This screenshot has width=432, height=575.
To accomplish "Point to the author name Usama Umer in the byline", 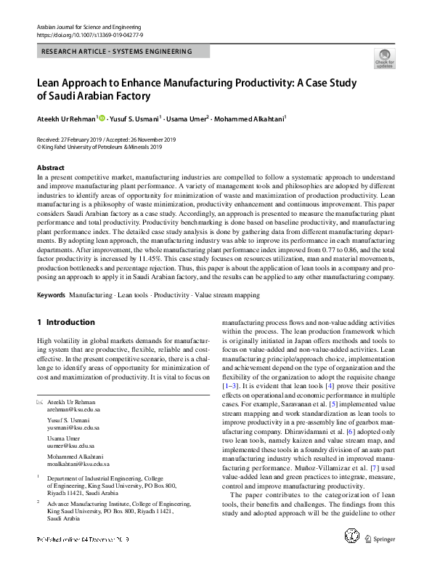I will click(187, 118).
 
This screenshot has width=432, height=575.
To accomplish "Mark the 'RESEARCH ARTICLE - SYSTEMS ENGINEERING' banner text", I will click(117, 52).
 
